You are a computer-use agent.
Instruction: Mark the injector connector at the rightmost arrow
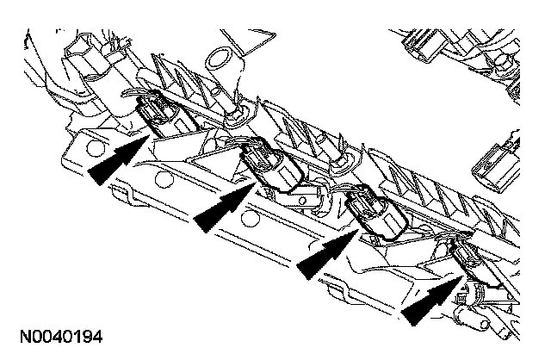[465, 255]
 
